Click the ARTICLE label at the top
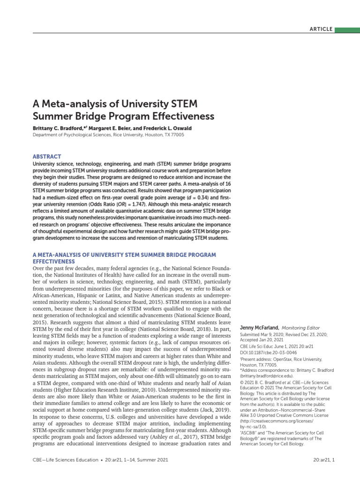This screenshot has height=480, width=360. click(x=321, y=29)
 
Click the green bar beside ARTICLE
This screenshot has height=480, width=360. click(x=347, y=29)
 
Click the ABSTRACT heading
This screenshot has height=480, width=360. click(x=47, y=157)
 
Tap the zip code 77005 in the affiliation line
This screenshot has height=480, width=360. click(x=176, y=135)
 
